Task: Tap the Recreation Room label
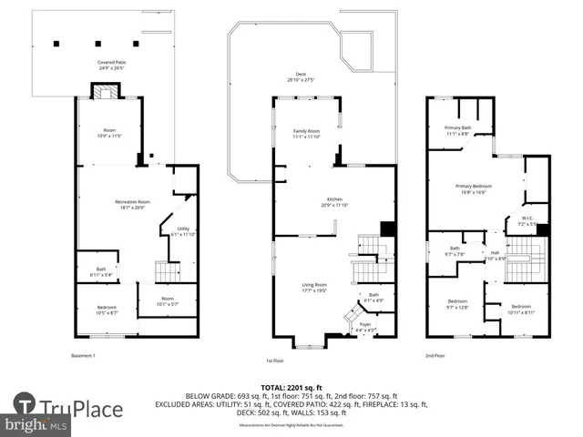[x=132, y=203]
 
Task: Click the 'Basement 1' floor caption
[x=84, y=355]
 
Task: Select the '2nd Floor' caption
[x=435, y=355]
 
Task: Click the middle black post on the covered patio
[x=97, y=43]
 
